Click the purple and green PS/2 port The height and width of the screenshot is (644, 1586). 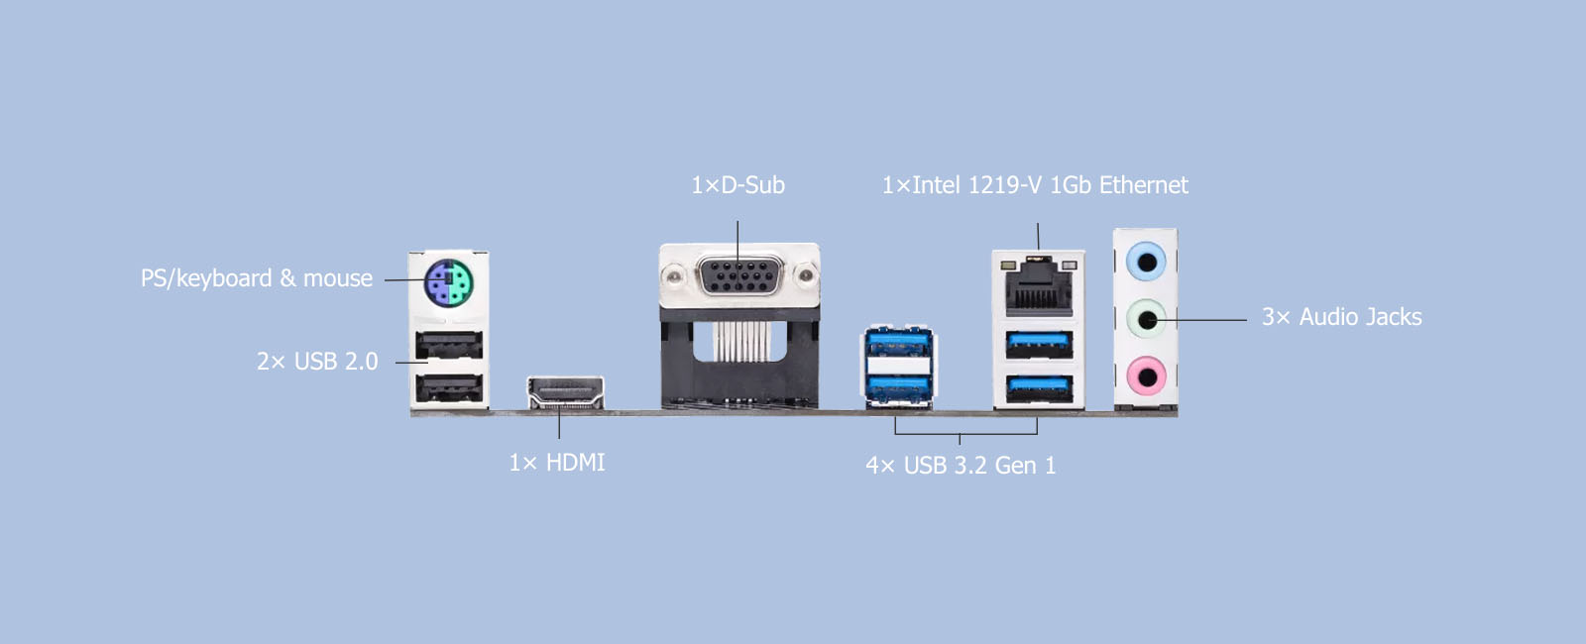tap(449, 284)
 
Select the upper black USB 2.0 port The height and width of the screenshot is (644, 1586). tap(449, 345)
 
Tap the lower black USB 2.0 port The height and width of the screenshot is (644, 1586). tap(449, 387)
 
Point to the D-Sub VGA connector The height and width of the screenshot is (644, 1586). tap(739, 274)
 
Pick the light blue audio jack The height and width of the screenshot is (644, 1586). tap(1147, 262)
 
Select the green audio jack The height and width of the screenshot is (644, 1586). tap(1147, 319)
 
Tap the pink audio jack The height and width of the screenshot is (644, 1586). tap(1147, 376)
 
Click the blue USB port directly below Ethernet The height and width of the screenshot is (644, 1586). tap(1039, 344)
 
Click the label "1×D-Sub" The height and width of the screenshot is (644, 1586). tap(737, 185)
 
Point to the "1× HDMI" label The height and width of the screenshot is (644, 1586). tap(557, 463)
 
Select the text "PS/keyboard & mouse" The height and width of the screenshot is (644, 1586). tap(257, 278)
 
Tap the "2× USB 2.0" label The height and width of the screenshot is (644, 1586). tap(317, 362)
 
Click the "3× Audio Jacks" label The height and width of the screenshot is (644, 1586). tap(1341, 317)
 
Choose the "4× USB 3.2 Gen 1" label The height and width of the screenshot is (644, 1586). tap(961, 466)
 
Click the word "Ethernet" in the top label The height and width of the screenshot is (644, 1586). tap(1143, 185)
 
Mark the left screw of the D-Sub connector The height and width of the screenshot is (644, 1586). tap(673, 274)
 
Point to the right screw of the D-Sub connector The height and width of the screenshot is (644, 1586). tap(806, 274)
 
